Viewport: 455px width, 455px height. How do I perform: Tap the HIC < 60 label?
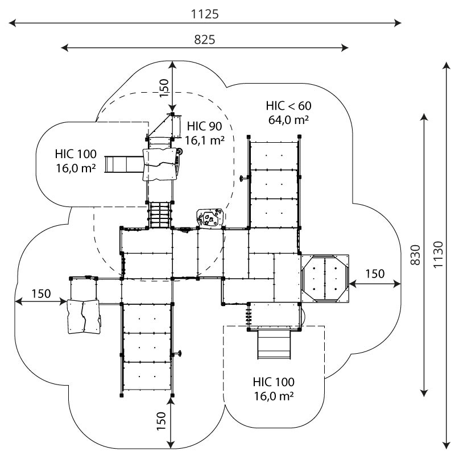pos(288,106)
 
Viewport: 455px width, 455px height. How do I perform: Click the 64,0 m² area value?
pos(288,119)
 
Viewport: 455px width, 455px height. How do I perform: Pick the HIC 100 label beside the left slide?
pos(76,154)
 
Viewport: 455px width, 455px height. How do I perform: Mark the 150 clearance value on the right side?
pos(375,274)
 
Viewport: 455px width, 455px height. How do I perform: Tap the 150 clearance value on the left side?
pos(41,293)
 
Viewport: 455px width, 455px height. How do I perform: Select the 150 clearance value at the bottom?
pos(162,419)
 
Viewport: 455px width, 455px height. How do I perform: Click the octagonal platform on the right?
pos(324,278)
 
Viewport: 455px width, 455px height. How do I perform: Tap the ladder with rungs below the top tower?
pos(161,214)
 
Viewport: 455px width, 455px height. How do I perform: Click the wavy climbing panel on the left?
pos(83,316)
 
